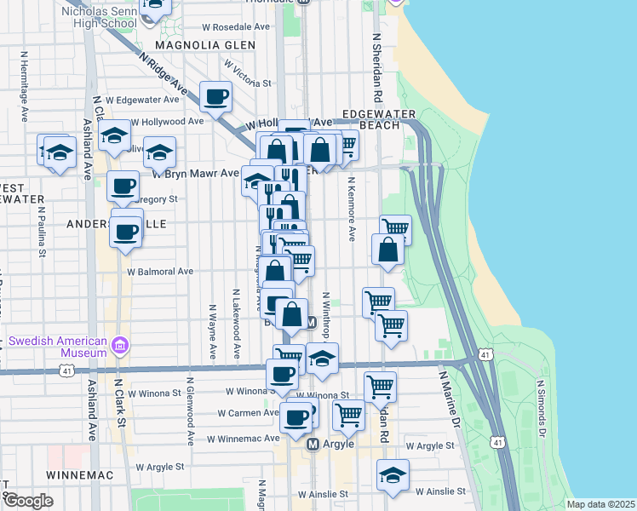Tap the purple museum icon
pos(121,346)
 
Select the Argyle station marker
pos(313,445)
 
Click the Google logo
pos(28,501)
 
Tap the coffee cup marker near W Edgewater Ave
pos(215,95)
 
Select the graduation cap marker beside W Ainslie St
pos(393,474)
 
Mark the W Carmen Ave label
pos(247,413)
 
